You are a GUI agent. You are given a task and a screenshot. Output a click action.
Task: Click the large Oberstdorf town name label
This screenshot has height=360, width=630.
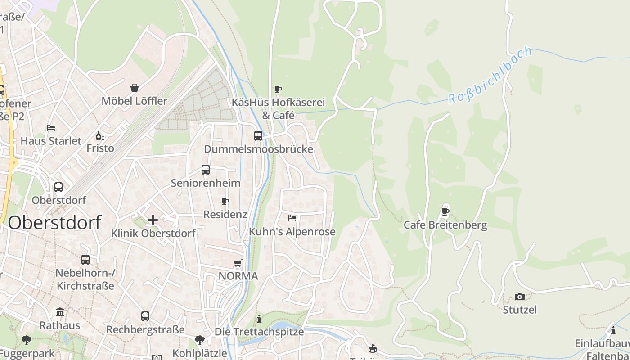[x=54, y=223]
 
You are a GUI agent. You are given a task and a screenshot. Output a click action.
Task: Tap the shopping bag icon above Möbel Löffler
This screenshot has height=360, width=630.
[x=134, y=87]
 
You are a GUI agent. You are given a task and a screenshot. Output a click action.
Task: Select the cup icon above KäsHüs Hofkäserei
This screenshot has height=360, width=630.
[x=278, y=89]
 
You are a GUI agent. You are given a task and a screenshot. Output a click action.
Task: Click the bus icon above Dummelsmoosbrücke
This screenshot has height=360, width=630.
[x=258, y=135]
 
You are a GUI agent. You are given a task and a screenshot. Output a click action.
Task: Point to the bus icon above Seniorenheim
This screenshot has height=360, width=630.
[x=206, y=169]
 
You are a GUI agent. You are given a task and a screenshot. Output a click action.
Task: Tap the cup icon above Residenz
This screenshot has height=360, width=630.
[x=225, y=201]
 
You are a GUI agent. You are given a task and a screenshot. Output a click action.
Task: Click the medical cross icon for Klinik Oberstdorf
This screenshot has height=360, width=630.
[x=153, y=220]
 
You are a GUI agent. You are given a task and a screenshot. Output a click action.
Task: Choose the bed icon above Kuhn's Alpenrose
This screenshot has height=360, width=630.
[x=292, y=218]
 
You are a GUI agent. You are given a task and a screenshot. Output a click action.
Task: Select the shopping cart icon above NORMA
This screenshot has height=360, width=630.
[x=238, y=262]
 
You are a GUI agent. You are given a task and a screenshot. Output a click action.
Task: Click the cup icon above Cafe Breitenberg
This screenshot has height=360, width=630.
[x=445, y=211]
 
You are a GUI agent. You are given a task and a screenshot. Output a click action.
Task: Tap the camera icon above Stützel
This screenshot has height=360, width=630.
[x=520, y=297]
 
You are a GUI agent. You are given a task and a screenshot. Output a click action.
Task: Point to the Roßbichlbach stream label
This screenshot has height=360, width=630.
[x=490, y=75]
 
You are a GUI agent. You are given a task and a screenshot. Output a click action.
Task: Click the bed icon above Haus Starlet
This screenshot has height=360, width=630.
[x=51, y=128]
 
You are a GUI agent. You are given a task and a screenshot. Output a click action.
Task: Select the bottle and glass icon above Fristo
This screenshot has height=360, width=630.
[x=100, y=135]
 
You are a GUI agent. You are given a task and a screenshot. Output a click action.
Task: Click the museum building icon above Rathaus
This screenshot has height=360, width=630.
[x=60, y=312]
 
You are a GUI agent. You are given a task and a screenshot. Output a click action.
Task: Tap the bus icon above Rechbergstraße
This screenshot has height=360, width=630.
[x=145, y=316]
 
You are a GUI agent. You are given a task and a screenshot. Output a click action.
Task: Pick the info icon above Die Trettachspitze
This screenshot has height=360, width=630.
[x=259, y=319]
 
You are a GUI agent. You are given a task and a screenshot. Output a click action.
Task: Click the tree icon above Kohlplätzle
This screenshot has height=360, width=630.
[x=200, y=340]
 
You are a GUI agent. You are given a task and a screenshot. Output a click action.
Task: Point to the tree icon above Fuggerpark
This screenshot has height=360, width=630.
[x=27, y=340]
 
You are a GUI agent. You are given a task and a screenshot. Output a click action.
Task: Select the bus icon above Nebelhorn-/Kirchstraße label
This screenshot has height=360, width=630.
[x=85, y=259]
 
